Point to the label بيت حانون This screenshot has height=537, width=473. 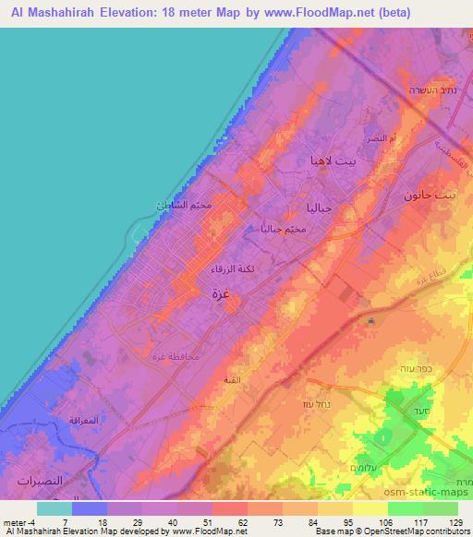pos(431,197)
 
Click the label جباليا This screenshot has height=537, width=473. pos(318,209)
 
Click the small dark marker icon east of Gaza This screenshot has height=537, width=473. pos(370,321)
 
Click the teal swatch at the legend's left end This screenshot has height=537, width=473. pos(54,508)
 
